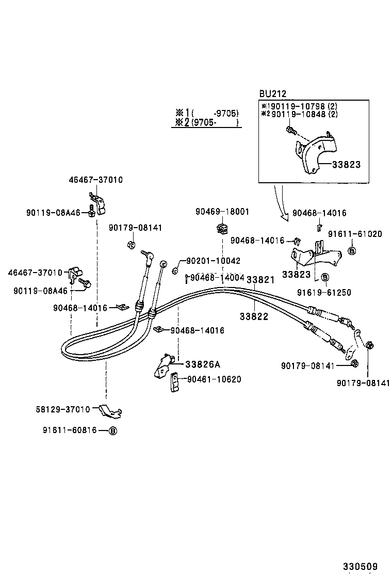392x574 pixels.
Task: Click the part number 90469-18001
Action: pos(222,212)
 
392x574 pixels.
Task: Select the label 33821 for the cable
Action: pos(260,280)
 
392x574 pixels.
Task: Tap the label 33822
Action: pos(254,316)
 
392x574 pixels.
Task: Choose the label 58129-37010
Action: pos(63,409)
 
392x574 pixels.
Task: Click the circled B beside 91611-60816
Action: pos(113,430)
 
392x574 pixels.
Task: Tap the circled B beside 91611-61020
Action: pos(352,251)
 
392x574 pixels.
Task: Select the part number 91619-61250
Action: pos(324,292)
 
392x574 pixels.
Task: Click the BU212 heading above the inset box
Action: pos(272,93)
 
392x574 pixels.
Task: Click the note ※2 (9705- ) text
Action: pos(206,123)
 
